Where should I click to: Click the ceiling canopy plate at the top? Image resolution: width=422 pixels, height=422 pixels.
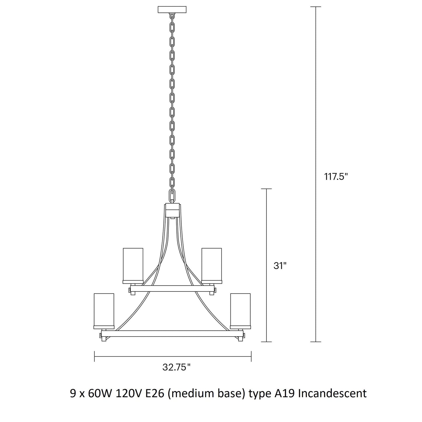click(x=172, y=10)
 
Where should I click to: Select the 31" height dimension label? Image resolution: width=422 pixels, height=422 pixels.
click(x=280, y=266)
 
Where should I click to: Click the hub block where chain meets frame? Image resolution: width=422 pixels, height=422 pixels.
click(x=173, y=210)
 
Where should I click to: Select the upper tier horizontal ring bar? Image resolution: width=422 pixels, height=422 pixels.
click(x=172, y=289)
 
